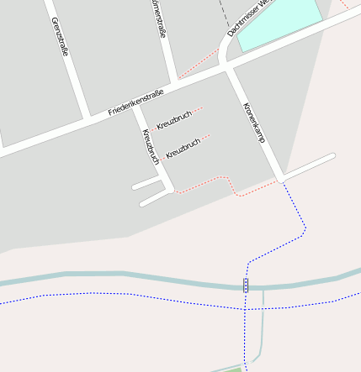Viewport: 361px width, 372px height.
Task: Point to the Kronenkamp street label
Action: click(253, 123)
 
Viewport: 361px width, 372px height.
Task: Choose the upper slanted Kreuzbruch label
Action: click(174, 119)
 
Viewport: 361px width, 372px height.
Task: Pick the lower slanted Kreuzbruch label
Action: click(183, 149)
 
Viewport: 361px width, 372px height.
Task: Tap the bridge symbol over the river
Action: click(246, 286)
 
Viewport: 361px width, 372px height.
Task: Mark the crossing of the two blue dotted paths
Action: click(246, 309)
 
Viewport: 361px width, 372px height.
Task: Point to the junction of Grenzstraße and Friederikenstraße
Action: click(88, 117)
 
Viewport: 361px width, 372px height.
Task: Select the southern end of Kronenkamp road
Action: click(279, 178)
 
